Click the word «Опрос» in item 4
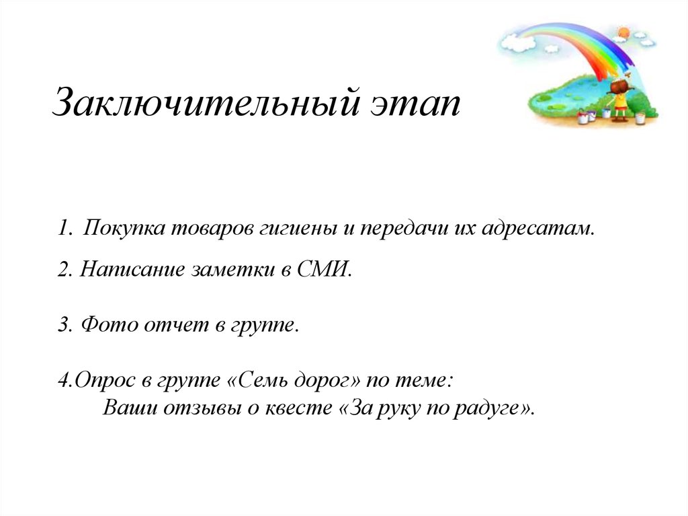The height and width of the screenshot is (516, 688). [x=103, y=380]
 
